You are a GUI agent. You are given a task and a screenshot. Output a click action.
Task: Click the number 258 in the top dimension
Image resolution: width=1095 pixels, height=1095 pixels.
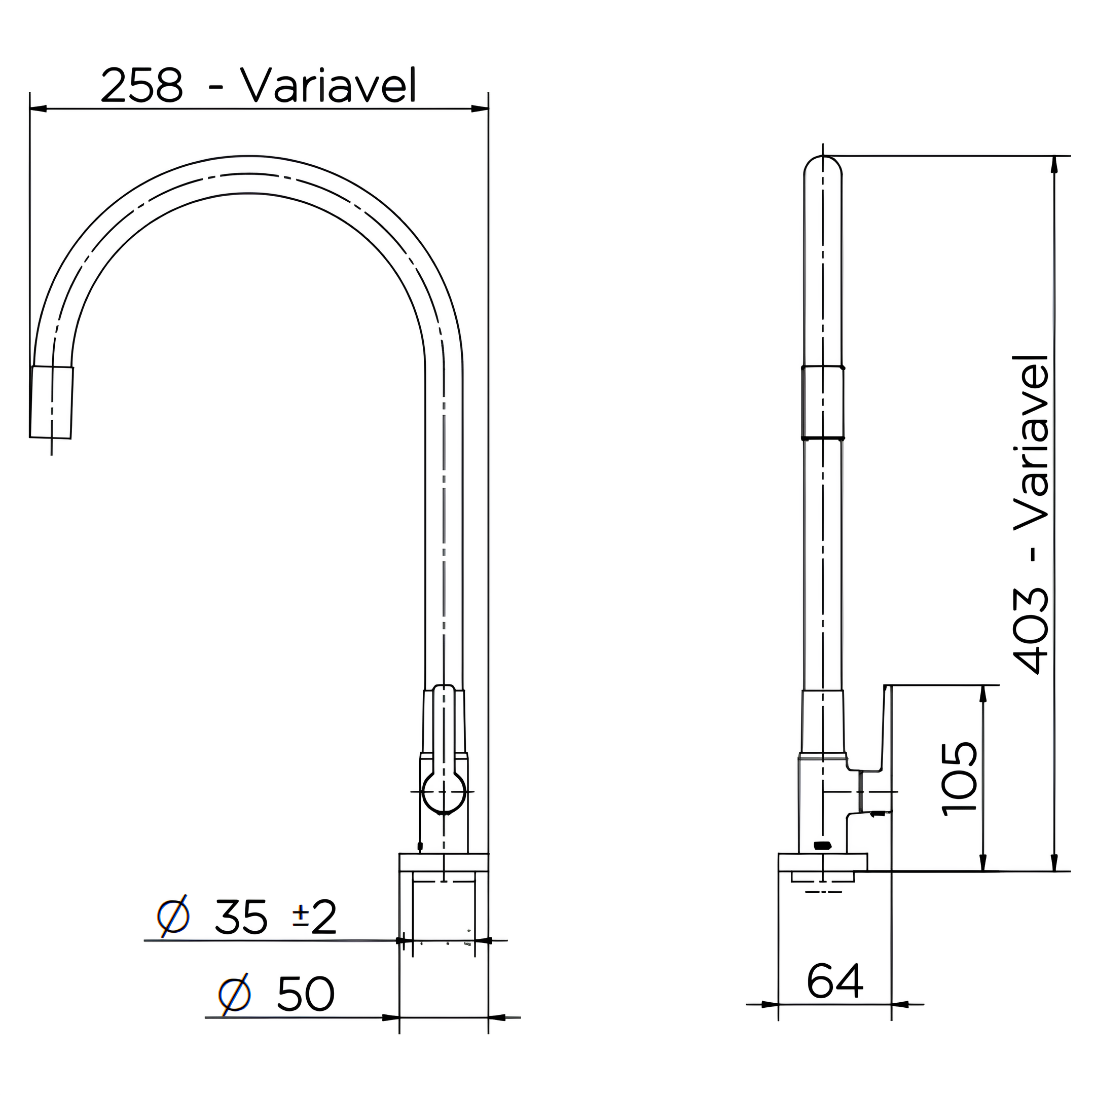point(142,86)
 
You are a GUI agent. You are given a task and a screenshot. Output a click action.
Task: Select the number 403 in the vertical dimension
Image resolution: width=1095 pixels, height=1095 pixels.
point(1031,630)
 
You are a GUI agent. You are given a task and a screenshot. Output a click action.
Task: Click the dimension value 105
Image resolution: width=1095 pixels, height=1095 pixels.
point(959,779)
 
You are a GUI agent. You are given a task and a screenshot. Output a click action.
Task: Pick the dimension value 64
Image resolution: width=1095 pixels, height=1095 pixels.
point(834,981)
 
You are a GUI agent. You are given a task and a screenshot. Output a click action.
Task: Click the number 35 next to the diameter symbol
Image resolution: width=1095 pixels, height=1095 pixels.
point(240,918)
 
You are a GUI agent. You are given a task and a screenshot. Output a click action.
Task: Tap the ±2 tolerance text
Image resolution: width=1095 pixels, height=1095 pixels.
point(314,918)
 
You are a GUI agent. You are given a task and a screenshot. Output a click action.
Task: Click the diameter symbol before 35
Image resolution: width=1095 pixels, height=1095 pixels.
point(173,917)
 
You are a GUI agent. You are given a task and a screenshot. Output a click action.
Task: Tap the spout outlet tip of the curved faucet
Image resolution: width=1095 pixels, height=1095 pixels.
point(51,403)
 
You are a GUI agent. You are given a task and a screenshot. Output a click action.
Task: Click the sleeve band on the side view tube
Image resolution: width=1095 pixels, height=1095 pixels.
point(822,403)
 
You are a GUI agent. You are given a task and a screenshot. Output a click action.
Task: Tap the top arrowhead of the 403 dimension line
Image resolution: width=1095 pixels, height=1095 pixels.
point(1054,164)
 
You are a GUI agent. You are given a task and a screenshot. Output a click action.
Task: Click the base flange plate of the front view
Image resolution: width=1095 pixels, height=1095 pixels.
point(443,862)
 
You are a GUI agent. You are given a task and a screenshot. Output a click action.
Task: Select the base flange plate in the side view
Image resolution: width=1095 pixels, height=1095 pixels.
point(822,862)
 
